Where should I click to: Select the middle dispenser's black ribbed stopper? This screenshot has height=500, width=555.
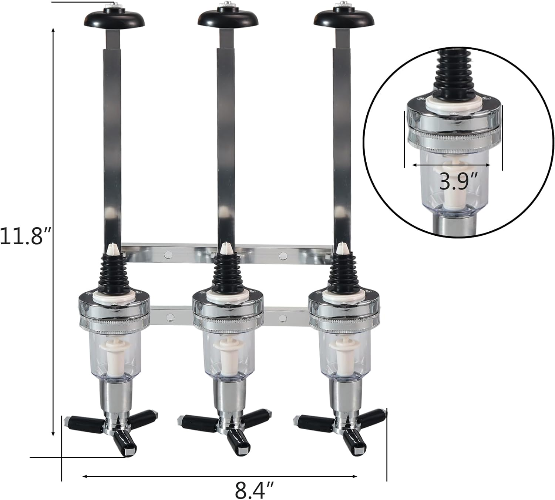coord(226,272)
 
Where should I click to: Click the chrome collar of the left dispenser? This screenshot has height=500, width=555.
coord(114,311)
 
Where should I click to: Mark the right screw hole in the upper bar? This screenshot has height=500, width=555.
coord(283,255)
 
